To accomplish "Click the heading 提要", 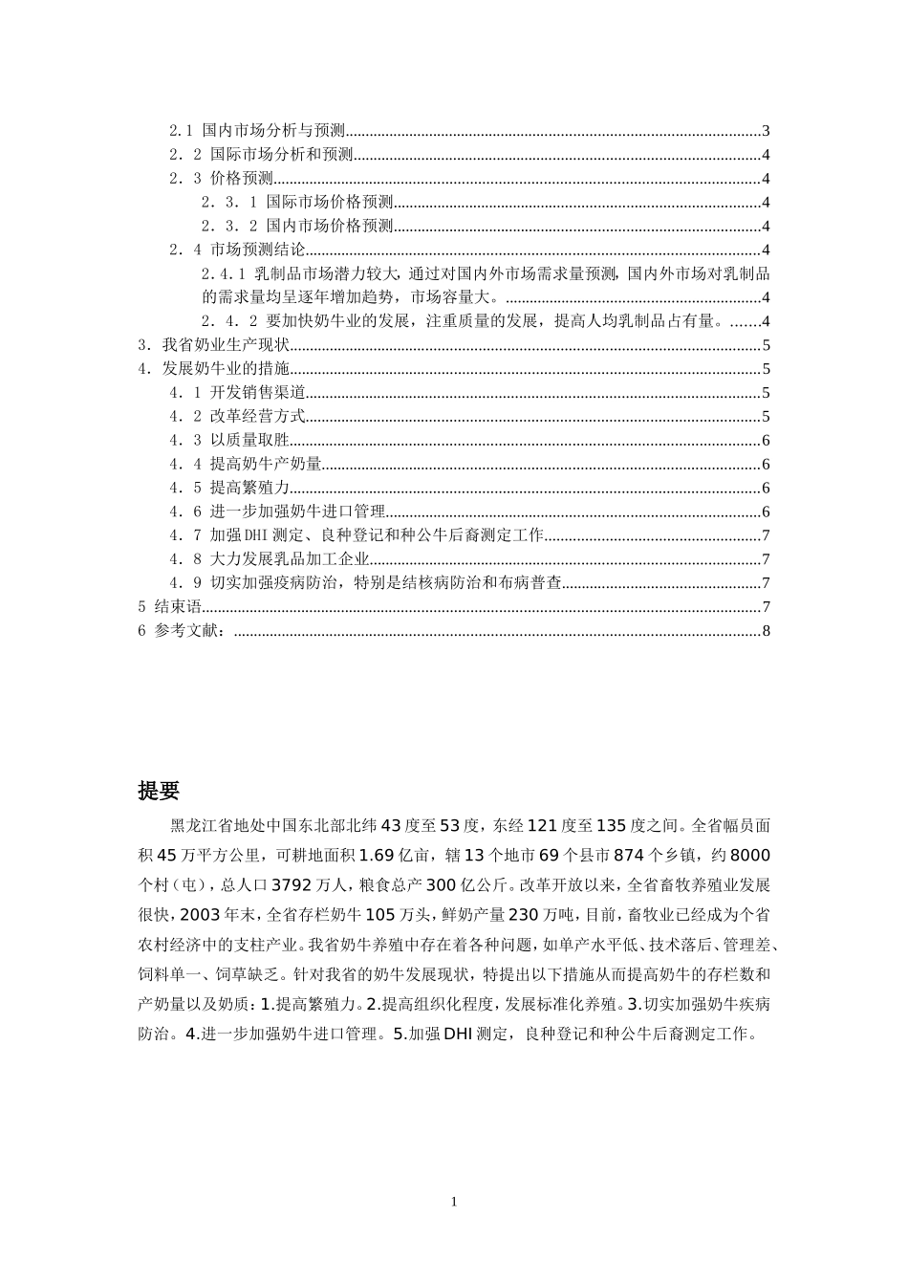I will pyautogui.click(x=159, y=791).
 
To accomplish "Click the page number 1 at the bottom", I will pyautogui.click(x=454, y=1202).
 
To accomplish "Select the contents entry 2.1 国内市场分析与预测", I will pyautogui.click(x=258, y=131).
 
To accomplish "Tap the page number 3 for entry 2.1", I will pyautogui.click(x=767, y=131).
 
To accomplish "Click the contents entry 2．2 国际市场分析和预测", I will pyautogui.click(x=262, y=155).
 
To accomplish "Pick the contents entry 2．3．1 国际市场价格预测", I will pyautogui.click(x=297, y=202).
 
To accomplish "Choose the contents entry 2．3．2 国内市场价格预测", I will pyautogui.click(x=297, y=226).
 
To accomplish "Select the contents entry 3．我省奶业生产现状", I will pyautogui.click(x=214, y=345).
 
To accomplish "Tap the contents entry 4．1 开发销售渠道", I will pyautogui.click(x=238, y=393).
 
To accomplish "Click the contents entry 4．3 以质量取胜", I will pyautogui.click(x=229, y=440).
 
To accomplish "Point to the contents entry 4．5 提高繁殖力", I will pyautogui.click(x=229, y=488).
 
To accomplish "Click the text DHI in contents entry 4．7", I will pyautogui.click(x=259, y=535).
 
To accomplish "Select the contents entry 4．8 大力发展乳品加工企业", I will pyautogui.click(x=270, y=559).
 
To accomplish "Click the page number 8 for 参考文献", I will pyautogui.click(x=767, y=631).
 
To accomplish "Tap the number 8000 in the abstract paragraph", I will pyautogui.click(x=749, y=855).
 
